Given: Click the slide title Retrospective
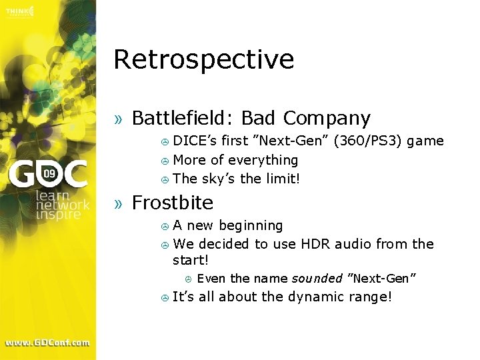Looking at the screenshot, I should tap(203, 60).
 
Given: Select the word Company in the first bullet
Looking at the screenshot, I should tap(326, 119).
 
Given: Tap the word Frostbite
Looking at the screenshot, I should tap(173, 203).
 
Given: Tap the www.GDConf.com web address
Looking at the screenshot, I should tap(47, 343).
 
